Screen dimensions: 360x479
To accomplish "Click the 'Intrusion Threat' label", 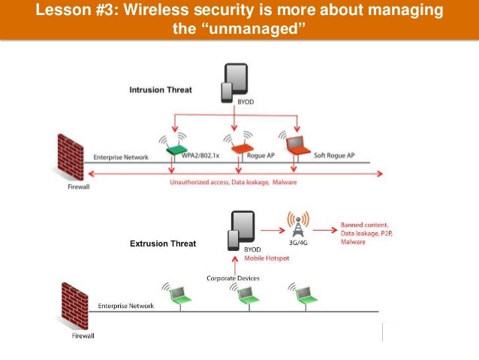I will coord(161,90).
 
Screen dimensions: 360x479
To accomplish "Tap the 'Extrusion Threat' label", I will coord(163,244).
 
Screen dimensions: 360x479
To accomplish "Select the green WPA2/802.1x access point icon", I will coord(176,150).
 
